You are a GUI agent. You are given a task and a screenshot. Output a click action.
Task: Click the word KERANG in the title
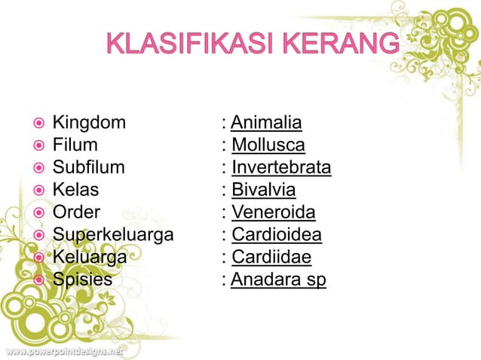tap(344, 44)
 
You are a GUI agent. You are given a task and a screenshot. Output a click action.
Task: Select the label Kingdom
tap(89, 123)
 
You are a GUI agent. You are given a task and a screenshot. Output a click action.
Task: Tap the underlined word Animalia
tap(266, 123)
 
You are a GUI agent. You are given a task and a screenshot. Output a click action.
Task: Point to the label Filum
tap(75, 145)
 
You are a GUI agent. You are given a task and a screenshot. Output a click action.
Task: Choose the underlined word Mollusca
tap(268, 145)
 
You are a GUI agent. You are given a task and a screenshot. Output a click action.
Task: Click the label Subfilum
tap(88, 167)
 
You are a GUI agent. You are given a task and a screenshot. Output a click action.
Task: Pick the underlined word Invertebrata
tap(281, 167)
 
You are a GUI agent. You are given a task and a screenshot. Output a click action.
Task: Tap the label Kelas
tap(75, 190)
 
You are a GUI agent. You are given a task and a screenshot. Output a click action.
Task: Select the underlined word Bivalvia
tap(264, 190)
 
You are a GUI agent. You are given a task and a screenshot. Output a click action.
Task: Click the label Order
tap(76, 212)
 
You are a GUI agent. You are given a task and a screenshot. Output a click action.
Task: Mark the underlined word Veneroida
tap(273, 212)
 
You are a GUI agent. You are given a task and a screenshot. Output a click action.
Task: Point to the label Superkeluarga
tap(113, 235)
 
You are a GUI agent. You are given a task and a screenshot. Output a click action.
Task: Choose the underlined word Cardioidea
tap(277, 235)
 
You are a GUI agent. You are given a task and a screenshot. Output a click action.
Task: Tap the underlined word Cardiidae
tap(271, 258)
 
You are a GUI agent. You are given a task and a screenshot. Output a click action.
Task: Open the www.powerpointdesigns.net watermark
tap(63, 351)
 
